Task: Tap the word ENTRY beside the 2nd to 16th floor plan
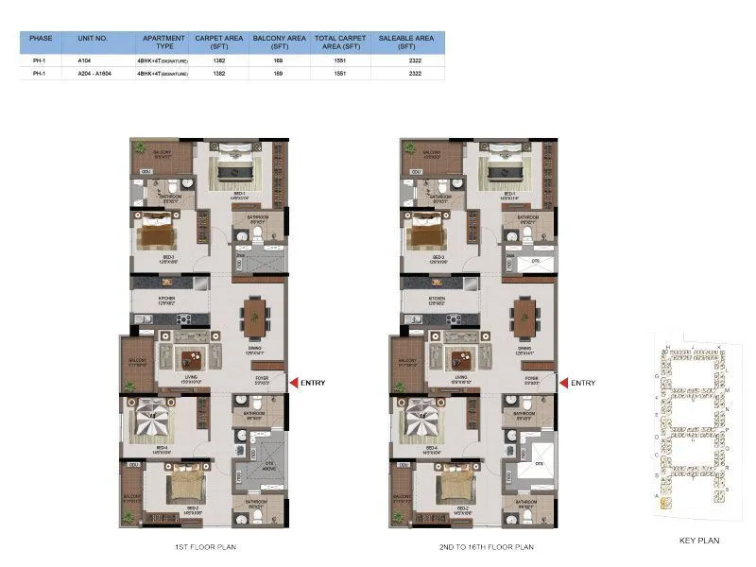tap(583, 382)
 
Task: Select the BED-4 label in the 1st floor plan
tap(162, 447)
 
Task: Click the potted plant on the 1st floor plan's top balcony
tap(140, 148)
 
